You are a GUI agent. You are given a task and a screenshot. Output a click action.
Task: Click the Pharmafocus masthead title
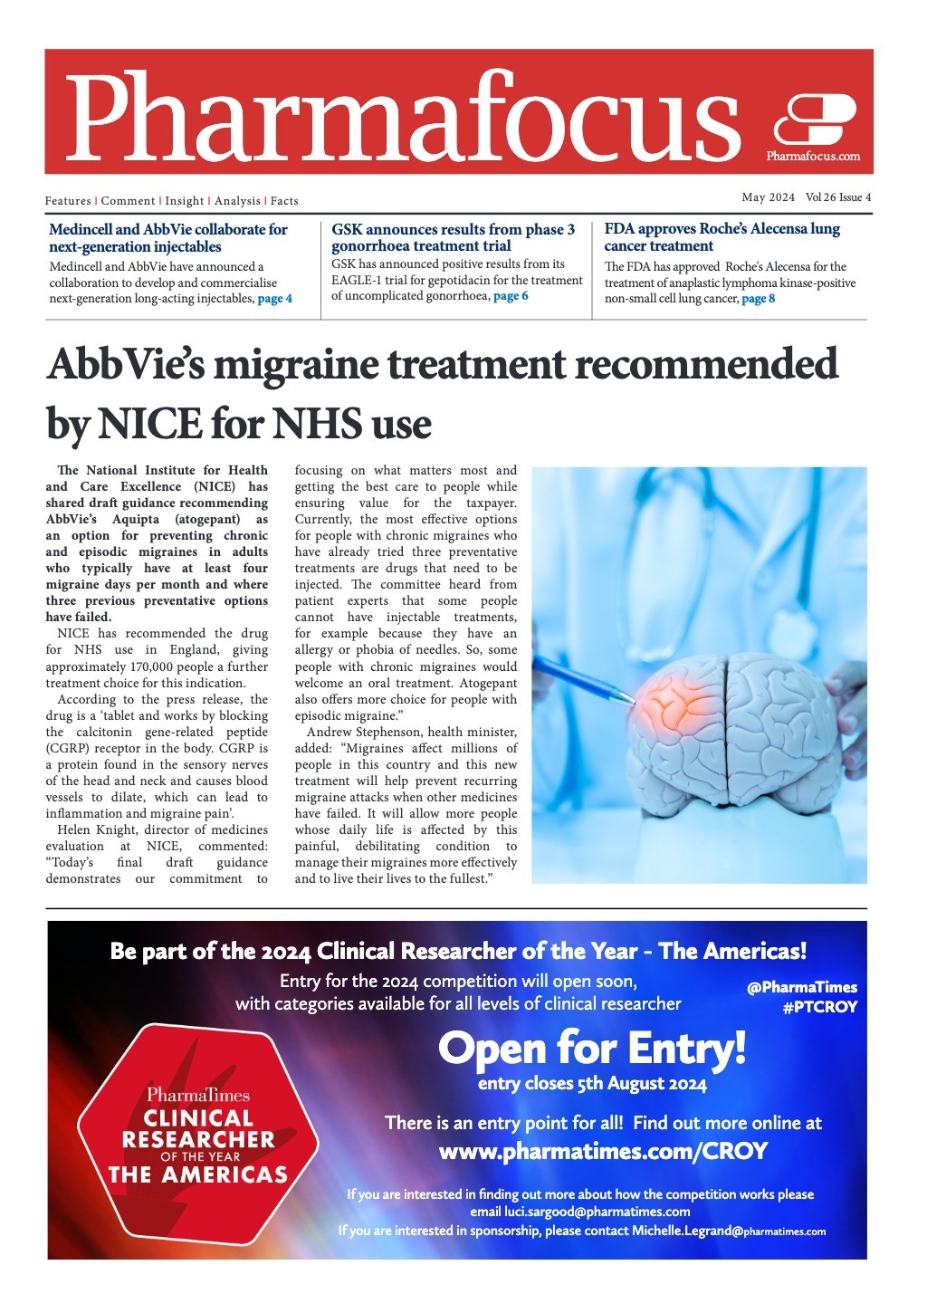[403, 116]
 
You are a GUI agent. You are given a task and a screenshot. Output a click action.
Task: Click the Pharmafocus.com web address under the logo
[813, 156]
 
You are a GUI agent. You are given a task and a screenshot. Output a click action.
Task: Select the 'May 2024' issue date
[768, 197]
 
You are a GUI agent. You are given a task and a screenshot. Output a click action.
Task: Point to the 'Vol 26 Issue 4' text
[838, 197]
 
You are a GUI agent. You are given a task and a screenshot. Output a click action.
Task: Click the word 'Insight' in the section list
[185, 201]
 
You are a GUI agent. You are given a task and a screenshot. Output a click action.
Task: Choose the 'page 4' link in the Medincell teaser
[275, 299]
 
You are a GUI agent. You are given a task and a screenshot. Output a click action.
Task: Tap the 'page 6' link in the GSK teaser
[511, 296]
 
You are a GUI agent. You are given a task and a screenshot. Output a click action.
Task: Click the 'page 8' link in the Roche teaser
[758, 299]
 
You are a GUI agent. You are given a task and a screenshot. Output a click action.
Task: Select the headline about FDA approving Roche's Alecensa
[722, 237]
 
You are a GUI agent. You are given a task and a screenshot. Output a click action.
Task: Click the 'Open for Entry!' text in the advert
[592, 1049]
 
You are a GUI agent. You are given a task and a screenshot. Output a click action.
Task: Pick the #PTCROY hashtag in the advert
[819, 1007]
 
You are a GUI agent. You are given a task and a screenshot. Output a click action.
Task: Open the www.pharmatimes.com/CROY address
[603, 1152]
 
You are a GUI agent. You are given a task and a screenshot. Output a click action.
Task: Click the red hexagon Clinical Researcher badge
[197, 1145]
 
